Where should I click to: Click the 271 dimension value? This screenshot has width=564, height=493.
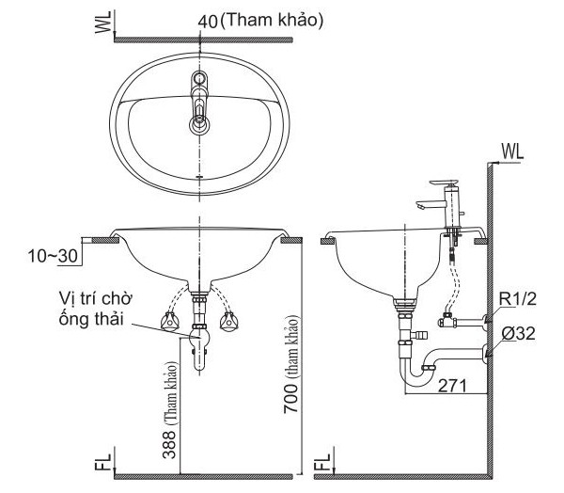point(452,386)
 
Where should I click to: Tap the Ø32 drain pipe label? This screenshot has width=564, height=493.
point(518,334)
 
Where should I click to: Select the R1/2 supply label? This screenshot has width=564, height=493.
point(517,299)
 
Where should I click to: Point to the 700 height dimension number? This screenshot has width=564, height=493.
point(290,398)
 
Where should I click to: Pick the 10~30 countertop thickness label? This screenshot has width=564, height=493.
point(53,256)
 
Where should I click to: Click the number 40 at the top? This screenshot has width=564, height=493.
point(208,22)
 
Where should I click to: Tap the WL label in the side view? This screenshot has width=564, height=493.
point(512,152)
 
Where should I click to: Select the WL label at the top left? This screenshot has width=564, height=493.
point(102,22)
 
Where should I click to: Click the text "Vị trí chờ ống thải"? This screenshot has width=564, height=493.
point(96,310)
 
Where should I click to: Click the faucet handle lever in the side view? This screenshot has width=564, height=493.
point(445,183)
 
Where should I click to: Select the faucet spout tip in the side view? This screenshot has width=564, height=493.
point(419,206)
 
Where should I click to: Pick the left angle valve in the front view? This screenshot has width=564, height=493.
point(170,322)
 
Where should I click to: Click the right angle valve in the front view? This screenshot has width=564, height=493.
point(229,322)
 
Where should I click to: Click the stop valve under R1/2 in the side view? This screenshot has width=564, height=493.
point(446,320)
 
